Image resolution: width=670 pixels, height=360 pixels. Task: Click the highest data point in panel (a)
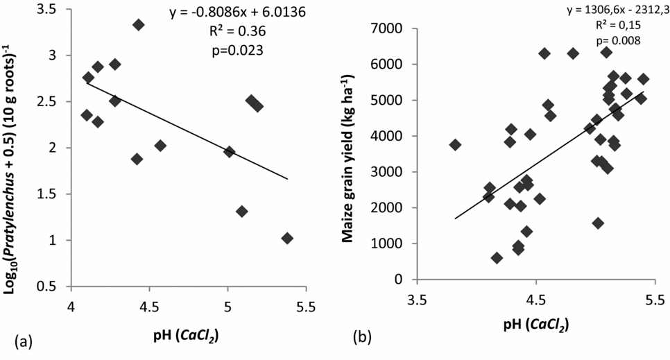point(138,25)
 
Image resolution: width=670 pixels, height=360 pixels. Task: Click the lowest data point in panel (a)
point(287,238)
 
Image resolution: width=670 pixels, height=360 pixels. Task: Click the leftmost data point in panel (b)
point(455,145)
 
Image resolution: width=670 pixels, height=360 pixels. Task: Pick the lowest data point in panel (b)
point(497,258)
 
